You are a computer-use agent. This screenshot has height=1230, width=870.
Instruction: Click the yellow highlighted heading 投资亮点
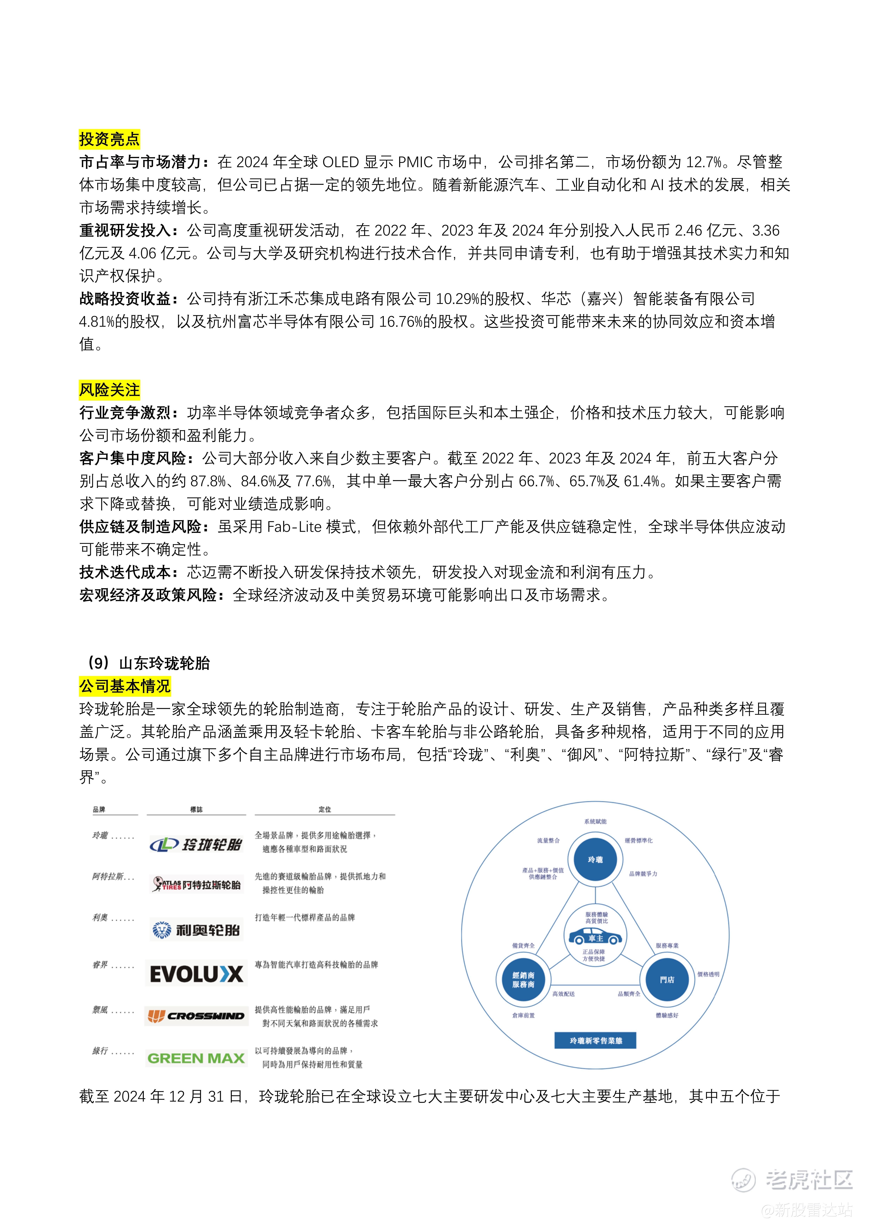click(109, 139)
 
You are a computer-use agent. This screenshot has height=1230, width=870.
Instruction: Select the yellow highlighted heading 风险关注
click(109, 390)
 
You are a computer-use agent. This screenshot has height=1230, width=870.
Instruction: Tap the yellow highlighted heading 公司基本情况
click(125, 686)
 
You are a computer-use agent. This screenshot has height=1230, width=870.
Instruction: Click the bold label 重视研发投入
click(129, 231)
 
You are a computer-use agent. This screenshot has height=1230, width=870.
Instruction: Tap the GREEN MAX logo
click(196, 1058)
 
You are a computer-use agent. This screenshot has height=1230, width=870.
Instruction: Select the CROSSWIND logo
click(196, 1016)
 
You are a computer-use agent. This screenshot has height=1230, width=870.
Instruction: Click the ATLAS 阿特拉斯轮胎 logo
click(196, 885)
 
